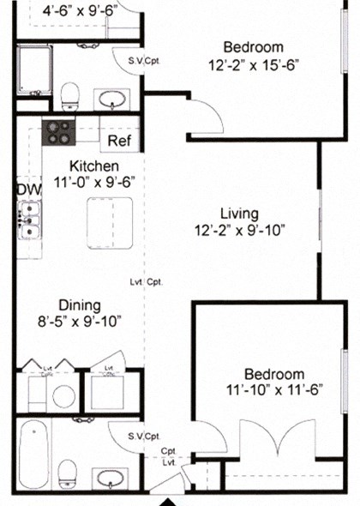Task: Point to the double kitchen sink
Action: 29,219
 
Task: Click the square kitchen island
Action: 110,222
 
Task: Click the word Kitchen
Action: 93,166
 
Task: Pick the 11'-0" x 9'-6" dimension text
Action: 94,181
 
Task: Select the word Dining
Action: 80,305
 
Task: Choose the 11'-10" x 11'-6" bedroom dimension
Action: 273,390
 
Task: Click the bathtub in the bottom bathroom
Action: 34,455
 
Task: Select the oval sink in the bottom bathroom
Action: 109,478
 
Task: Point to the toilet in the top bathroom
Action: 72,93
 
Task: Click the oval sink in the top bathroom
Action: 111,99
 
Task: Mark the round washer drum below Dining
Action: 62,395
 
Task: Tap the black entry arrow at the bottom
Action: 170,501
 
